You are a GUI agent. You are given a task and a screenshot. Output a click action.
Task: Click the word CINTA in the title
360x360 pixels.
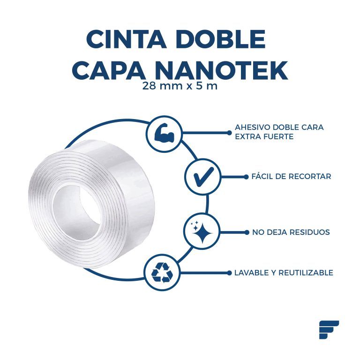coord(127,39)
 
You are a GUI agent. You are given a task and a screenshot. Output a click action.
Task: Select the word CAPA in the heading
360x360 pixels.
coord(110,70)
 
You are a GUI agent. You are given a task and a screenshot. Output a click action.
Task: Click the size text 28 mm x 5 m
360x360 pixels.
coord(180,86)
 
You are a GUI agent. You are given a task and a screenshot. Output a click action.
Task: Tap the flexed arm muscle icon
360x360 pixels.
coord(165,133)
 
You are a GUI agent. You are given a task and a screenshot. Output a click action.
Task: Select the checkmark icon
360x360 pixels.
coord(203,177)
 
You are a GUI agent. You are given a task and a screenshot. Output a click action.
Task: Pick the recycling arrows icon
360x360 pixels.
coord(162,273)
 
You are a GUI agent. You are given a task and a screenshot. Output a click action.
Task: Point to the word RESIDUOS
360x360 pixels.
coord(310,232)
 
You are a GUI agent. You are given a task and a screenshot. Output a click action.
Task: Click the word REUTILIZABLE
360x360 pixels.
coord(306,273)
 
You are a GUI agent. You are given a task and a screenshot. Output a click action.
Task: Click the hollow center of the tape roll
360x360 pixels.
coord(77,212)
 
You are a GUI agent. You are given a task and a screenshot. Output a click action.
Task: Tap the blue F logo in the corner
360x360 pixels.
coord(329,330)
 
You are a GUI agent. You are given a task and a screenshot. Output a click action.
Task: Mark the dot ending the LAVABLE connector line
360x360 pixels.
coord(229,273)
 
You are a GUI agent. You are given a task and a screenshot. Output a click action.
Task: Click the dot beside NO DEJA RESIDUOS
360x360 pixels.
coord(247,232)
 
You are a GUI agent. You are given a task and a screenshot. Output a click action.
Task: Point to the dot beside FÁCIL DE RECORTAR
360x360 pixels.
coord(246,177)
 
